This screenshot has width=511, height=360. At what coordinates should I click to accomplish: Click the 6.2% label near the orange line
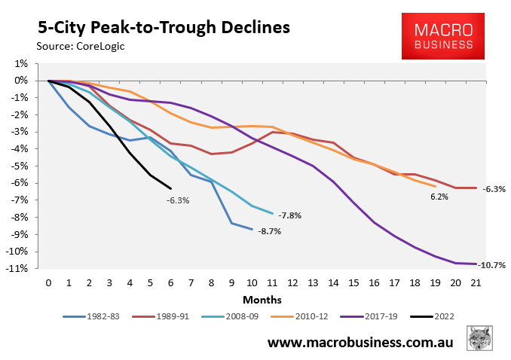439,197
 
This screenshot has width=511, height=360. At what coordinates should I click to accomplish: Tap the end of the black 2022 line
171,188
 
